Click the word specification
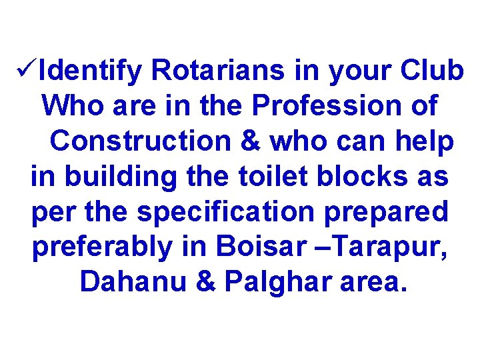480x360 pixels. [x=225, y=212]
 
